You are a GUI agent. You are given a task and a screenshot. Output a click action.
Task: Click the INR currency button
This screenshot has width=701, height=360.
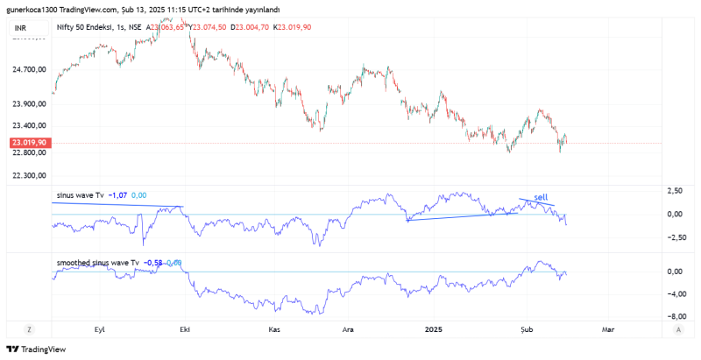[x=20, y=28]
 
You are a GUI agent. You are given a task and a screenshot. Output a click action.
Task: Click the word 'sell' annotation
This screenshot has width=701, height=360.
[x=540, y=197]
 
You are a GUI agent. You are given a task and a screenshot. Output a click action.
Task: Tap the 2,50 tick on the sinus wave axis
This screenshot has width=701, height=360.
[x=675, y=190]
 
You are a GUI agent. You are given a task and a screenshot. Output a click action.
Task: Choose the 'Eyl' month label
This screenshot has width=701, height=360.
[x=99, y=329]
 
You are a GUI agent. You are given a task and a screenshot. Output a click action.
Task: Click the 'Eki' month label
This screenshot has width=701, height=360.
[x=184, y=329]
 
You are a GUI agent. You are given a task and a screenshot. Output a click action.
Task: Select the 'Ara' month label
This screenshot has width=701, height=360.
[x=347, y=329]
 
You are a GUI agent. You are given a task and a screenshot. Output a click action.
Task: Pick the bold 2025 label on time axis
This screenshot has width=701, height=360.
[x=434, y=329]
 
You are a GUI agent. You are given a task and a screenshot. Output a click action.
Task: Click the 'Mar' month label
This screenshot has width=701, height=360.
[x=607, y=329]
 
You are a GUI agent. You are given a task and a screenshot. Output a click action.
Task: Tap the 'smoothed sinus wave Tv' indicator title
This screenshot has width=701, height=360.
[x=97, y=263]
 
